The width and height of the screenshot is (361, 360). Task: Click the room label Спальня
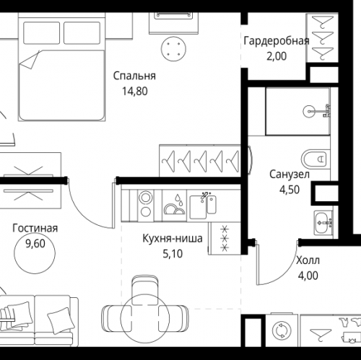coord(134,76)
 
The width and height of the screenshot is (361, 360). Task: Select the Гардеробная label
coord(277,40)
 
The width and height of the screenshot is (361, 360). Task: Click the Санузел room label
coord(290,175)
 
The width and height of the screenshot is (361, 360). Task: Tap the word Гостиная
coord(35,229)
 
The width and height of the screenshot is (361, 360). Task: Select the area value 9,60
coord(35,244)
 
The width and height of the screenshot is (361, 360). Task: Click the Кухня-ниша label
coord(173,238)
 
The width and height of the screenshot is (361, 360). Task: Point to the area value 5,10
coord(173,253)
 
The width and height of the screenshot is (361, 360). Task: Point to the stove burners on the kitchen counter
coord(144,204)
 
